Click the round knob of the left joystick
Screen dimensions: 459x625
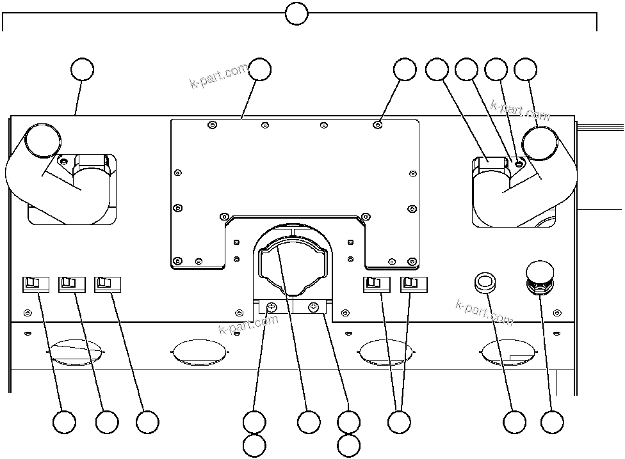43,140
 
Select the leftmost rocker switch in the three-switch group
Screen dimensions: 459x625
35,283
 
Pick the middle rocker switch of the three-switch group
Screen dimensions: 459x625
70,283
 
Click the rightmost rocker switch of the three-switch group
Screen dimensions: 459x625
106,283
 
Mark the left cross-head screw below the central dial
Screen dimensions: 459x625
272,307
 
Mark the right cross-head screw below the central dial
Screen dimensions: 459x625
314,307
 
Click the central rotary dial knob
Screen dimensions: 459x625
292,265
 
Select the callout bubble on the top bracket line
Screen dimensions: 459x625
296,13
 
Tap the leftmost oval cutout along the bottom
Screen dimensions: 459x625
76,352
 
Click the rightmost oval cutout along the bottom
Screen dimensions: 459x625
506,352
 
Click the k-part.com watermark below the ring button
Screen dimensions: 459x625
484,312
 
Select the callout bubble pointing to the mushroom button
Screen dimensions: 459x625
552,422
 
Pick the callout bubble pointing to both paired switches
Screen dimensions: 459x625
400,422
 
